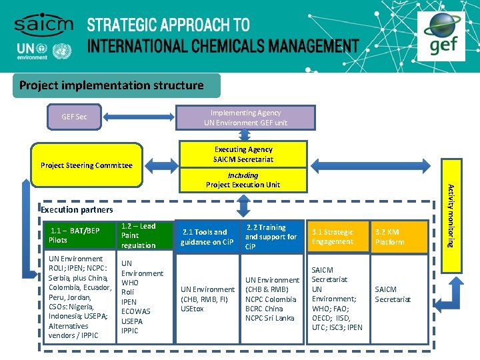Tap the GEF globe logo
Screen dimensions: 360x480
445,33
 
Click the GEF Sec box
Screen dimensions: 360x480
74,117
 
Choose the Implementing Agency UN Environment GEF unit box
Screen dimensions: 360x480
245,117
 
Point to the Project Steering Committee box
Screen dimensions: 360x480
87,165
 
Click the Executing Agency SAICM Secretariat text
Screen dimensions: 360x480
243,154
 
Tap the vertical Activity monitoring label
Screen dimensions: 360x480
451,215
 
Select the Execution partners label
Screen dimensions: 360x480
77,209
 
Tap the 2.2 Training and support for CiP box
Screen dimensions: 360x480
271,237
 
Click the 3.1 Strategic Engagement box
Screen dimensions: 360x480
336,237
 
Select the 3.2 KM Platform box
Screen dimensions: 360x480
399,237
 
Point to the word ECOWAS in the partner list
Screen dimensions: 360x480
136,311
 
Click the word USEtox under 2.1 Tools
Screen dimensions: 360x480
193,309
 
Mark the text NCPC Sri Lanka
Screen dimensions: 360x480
270,318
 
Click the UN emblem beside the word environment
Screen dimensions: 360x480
62,51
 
